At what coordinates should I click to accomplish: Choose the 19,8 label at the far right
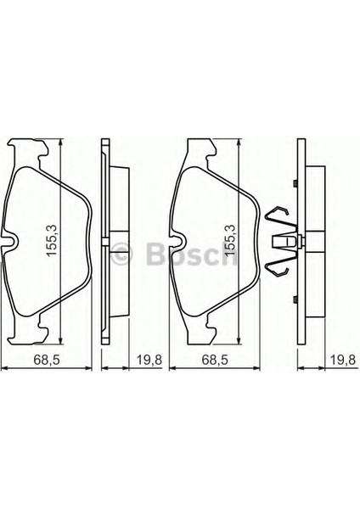point(341,361)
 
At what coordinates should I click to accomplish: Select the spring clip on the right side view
point(283,242)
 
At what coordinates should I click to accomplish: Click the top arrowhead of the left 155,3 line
point(61,142)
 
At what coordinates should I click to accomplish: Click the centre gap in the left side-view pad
point(112,240)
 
